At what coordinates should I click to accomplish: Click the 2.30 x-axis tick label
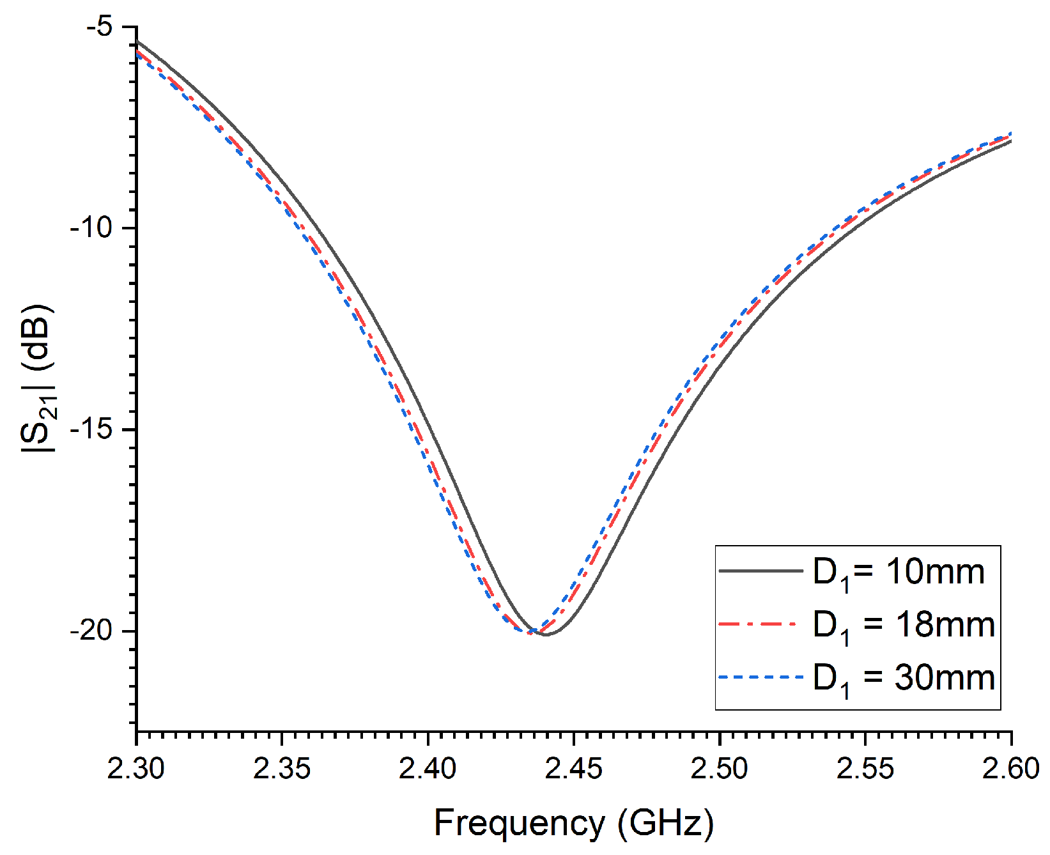point(135,768)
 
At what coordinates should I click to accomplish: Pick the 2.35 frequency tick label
point(282,768)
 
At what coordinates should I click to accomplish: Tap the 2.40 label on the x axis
point(428,768)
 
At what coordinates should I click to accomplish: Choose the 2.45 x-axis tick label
point(573,768)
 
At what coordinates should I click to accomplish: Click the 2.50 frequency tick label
point(719,768)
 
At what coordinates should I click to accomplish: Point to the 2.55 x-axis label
point(865,768)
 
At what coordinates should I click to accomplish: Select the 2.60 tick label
point(1010,768)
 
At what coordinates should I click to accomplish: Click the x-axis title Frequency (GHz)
point(573,823)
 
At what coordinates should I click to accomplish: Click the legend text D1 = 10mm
point(899,573)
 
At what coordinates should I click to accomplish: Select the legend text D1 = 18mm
point(904,626)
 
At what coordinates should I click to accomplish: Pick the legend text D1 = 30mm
point(904,679)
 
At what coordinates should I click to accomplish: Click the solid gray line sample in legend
point(760,570)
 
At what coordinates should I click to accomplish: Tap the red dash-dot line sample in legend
point(760,623)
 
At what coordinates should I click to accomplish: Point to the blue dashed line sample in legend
point(760,676)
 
